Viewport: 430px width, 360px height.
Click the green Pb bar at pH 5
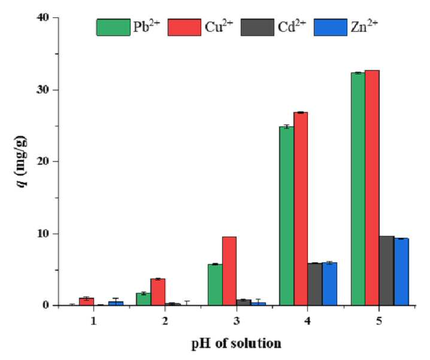tap(358, 189)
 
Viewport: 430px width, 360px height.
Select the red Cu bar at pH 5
tap(372, 187)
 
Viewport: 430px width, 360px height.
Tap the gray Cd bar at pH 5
tap(387, 271)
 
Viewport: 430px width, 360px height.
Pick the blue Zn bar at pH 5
tap(401, 271)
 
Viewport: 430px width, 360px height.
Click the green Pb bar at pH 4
tap(287, 216)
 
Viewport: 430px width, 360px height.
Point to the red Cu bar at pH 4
tap(301, 208)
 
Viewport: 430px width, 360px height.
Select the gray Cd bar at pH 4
tap(315, 284)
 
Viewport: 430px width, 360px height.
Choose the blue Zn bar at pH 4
tap(329, 284)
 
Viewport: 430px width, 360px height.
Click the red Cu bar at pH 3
tap(229, 271)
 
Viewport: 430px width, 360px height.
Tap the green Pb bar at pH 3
tap(215, 285)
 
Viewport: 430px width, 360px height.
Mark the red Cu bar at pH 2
tap(158, 292)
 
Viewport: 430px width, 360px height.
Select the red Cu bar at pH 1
tap(86, 301)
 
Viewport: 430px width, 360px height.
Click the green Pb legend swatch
tap(113, 27)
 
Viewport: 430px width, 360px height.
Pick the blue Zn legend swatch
tap(331, 27)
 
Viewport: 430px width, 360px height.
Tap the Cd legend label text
tap(292, 26)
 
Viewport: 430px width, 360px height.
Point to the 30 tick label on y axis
tap(43, 90)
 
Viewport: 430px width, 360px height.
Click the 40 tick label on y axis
tap(43, 17)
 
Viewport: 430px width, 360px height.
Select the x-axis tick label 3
tap(237, 321)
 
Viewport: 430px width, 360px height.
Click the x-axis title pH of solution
tap(236, 344)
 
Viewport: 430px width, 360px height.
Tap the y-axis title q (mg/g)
tap(22, 161)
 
